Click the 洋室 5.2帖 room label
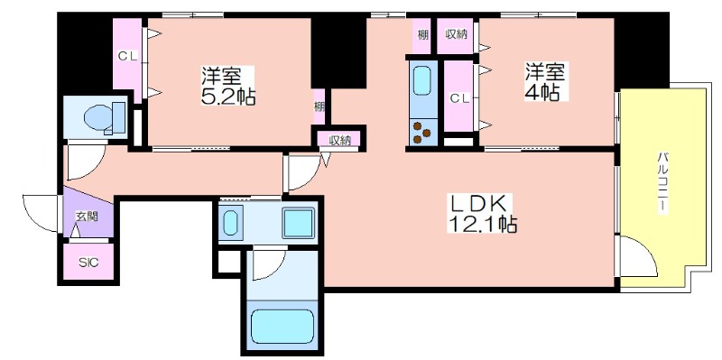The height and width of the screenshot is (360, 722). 228,86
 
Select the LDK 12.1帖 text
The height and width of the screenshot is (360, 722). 482,214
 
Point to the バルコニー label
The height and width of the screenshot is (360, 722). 662,180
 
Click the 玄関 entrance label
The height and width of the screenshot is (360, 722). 87,217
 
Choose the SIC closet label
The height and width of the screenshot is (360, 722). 88,263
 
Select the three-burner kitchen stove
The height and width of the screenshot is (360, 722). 422,132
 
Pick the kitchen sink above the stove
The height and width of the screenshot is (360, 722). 421,81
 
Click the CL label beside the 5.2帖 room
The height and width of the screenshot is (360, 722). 127,56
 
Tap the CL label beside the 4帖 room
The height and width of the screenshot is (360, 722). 460,97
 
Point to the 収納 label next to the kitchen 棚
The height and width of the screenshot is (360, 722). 457,34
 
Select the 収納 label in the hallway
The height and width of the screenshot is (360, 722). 340,140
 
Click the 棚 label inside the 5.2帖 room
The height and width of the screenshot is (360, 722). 319,106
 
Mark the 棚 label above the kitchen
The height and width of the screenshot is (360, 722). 421,34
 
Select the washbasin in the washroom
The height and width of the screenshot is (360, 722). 230,220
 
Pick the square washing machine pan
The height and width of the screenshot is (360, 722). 298,223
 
